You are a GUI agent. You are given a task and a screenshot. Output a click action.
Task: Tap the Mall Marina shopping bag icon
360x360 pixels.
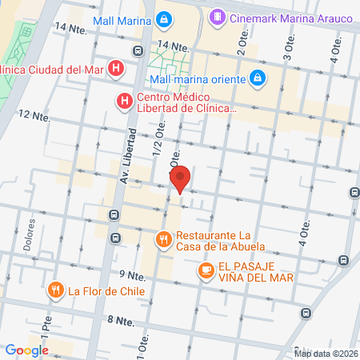163,18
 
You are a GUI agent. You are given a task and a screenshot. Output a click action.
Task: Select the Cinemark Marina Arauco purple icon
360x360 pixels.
216,16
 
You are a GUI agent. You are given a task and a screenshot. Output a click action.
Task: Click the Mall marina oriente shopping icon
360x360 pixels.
257,78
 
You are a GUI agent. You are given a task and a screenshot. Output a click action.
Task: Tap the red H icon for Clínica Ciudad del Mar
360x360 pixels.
117,69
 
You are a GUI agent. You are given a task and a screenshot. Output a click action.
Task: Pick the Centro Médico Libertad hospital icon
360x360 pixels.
124,101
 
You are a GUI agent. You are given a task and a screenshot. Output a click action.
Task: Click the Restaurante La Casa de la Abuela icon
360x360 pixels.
163,239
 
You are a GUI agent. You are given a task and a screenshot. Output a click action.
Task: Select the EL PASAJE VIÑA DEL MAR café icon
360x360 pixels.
206,271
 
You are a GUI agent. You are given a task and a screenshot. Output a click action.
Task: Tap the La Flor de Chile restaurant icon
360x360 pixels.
55,290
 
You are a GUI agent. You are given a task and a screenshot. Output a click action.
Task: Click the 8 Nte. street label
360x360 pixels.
121,319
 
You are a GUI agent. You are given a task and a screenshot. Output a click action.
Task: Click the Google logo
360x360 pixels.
26,350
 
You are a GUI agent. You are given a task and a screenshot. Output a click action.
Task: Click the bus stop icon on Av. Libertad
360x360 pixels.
117,215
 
